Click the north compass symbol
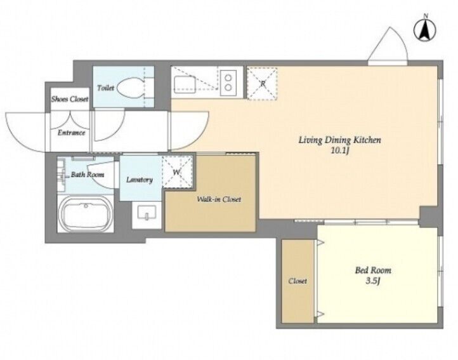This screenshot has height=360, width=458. [425, 30]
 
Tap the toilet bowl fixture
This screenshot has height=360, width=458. [131, 88]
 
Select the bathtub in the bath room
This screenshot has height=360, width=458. [86, 213]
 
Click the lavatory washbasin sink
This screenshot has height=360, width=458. [147, 213]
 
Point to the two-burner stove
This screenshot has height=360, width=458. [228, 83]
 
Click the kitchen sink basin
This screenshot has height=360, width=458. [185, 84]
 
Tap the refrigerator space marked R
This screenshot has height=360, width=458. [262, 83]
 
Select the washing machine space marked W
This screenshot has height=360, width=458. [178, 172]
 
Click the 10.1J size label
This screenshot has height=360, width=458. [340, 152]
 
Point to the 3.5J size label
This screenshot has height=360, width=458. [373, 281]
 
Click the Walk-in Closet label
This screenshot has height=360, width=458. [219, 199]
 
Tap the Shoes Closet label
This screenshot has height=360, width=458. [70, 99]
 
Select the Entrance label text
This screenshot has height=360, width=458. [71, 133]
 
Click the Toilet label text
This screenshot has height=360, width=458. [105, 88]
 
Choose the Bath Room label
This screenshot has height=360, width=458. [88, 175]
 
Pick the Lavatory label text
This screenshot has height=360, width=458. [140, 180]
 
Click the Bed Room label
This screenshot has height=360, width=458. [373, 270]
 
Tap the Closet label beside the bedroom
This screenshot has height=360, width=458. [298, 281]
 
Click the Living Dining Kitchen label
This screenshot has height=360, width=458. [340, 140]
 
